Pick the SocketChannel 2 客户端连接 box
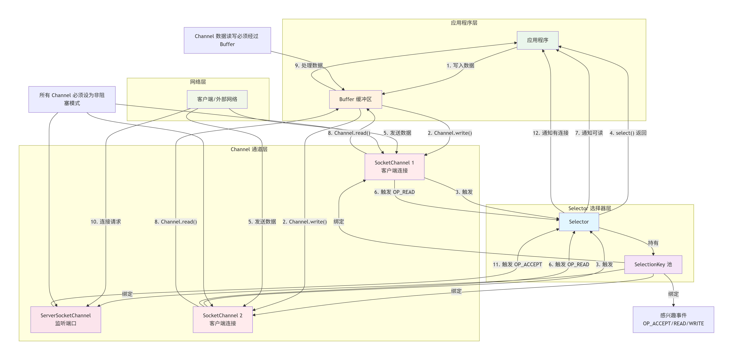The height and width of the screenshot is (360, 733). pyautogui.click(x=222, y=319)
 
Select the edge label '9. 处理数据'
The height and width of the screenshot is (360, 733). pyautogui.click(x=309, y=66)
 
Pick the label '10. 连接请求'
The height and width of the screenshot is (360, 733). pyautogui.click(x=106, y=222)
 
